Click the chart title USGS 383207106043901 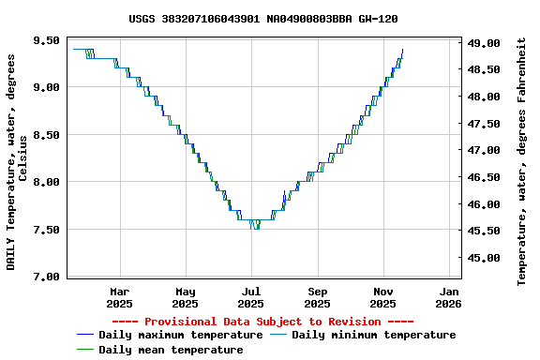coord(262,19)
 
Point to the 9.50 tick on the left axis coord(46,40)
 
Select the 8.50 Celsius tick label coord(46,135)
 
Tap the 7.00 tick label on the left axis coord(46,277)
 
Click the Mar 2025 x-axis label coord(119,297)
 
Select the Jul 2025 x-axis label coord(251,297)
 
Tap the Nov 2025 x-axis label coord(383,297)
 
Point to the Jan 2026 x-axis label coord(449,297)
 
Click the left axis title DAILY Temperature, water coord(17,161)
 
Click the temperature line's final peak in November coord(402,50)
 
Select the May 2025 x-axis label coord(186,297)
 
